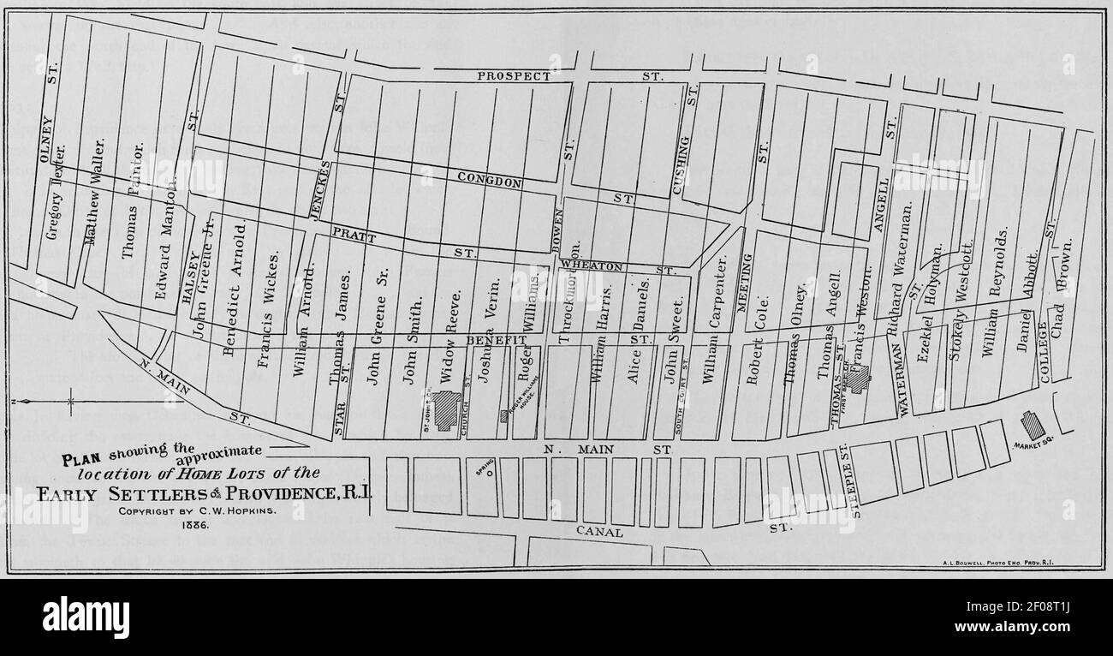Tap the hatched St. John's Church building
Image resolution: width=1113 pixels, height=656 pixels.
[446, 409]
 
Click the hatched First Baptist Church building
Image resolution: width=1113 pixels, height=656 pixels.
[857, 379]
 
